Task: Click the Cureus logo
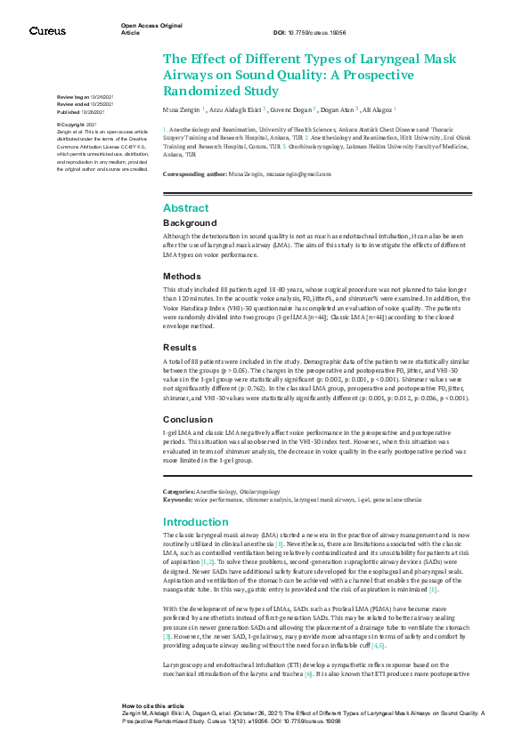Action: [x=48, y=30]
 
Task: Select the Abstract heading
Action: [x=186, y=207]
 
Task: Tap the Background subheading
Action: [x=190, y=222]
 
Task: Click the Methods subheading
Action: [x=183, y=277]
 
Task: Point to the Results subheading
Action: [x=181, y=347]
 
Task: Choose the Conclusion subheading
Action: [x=188, y=419]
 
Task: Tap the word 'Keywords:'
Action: [x=177, y=500]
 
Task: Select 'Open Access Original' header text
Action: [x=152, y=26]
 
